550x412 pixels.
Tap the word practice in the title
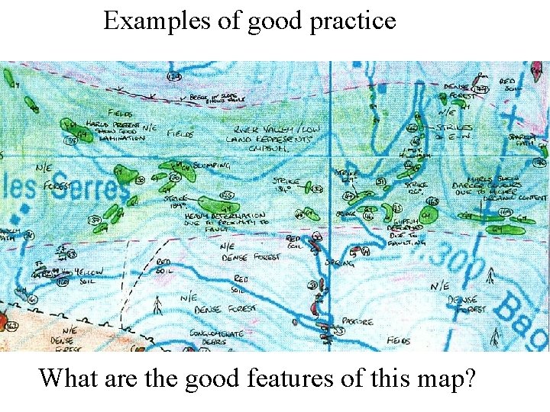(x=353, y=21)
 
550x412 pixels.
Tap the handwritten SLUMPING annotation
(x=211, y=166)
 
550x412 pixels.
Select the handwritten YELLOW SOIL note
(x=89, y=277)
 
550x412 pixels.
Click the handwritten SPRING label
(x=338, y=262)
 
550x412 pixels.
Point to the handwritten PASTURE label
(x=357, y=322)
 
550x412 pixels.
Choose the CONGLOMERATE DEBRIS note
(x=217, y=337)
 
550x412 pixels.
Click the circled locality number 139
(x=72, y=140)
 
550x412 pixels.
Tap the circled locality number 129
(x=175, y=77)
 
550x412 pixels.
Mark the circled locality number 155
(x=226, y=195)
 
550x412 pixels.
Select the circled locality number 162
(x=10, y=326)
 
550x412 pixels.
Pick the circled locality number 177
(x=480, y=90)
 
